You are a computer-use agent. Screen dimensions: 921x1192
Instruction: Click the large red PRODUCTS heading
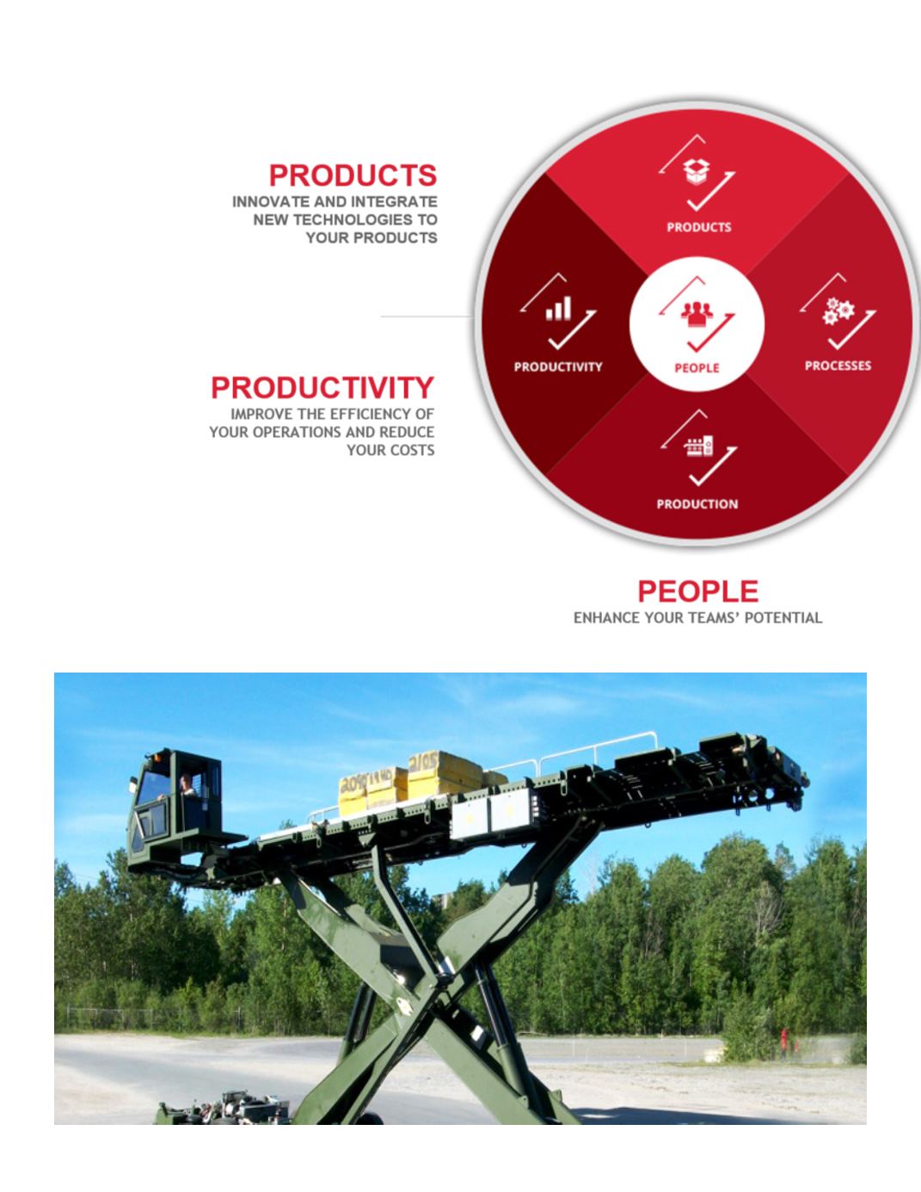[353, 175]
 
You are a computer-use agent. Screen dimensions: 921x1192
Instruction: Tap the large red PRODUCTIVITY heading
[322, 388]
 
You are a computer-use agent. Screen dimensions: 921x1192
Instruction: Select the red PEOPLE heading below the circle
[697, 592]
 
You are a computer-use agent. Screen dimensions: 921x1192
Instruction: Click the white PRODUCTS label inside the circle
[699, 227]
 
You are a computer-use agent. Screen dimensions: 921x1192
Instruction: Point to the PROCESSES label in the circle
[838, 366]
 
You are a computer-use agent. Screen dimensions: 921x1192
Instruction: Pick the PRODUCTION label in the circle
[697, 504]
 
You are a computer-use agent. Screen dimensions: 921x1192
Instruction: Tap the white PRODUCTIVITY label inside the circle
[558, 367]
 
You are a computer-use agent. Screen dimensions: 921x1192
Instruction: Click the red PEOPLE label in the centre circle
[697, 368]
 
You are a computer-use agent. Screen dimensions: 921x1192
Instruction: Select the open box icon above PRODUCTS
[696, 172]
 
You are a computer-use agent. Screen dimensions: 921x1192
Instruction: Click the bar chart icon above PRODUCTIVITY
[558, 309]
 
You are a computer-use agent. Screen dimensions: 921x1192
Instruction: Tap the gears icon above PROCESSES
[838, 310]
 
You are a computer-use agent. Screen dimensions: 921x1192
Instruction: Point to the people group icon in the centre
[697, 314]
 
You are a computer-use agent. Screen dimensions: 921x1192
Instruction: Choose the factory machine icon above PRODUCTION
[698, 446]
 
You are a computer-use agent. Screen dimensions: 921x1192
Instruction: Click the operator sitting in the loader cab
[186, 786]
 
